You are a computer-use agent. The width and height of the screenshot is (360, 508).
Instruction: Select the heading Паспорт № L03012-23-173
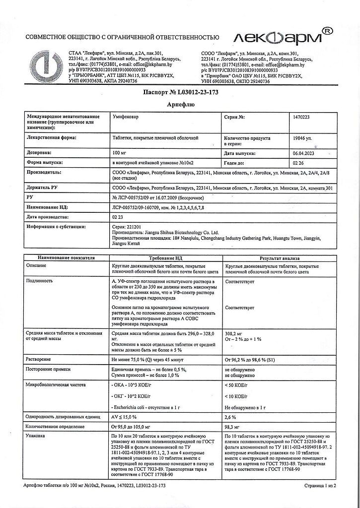pyautogui.click(x=181, y=92)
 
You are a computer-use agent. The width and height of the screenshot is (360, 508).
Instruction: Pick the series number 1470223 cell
pyautogui.click(x=304, y=117)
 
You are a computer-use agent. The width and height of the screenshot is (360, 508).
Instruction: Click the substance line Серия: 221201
pyautogui.click(x=128, y=226)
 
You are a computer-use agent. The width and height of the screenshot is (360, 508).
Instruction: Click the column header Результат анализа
pyautogui.click(x=279, y=258)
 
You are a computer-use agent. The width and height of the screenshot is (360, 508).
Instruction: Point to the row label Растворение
pyautogui.click(x=39, y=358)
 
